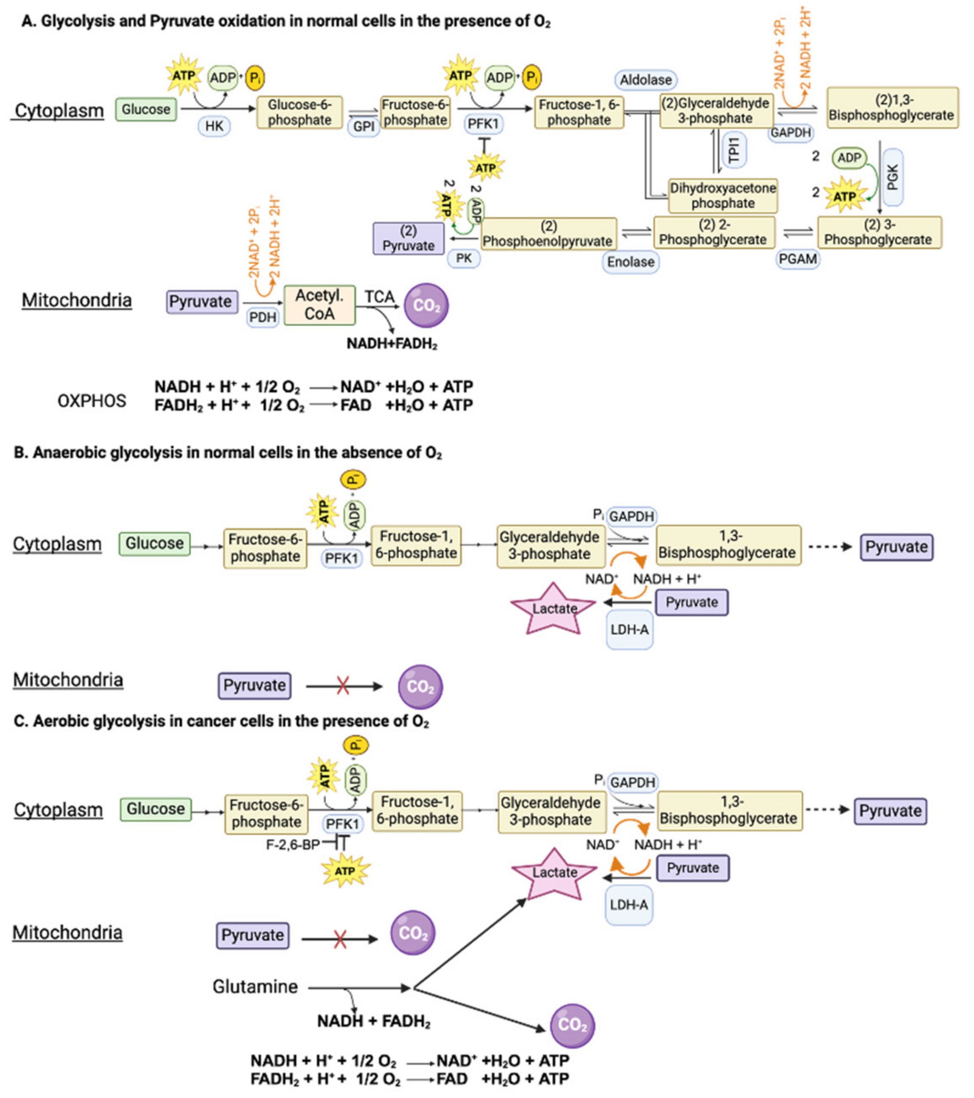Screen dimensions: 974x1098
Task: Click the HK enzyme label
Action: click(x=214, y=126)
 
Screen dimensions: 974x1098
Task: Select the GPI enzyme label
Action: click(x=363, y=126)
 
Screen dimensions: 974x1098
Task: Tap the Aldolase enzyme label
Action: click(x=646, y=80)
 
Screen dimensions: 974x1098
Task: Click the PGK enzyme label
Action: click(x=893, y=177)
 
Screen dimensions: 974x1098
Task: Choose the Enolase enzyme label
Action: click(x=631, y=262)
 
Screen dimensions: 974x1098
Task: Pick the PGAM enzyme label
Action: click(x=798, y=259)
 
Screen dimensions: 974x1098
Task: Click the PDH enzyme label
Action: click(x=263, y=317)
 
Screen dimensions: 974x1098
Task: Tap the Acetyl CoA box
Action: click(x=320, y=305)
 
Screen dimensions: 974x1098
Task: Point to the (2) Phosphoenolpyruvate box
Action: click(x=548, y=234)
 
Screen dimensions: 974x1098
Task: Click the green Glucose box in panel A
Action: click(x=146, y=109)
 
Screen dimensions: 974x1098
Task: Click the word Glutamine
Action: click(x=255, y=987)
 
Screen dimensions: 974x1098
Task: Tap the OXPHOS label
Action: click(x=92, y=401)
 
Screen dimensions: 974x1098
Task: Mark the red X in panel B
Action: click(x=343, y=686)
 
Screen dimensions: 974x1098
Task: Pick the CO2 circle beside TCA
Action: click(x=426, y=305)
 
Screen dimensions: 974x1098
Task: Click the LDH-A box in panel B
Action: click(x=630, y=629)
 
